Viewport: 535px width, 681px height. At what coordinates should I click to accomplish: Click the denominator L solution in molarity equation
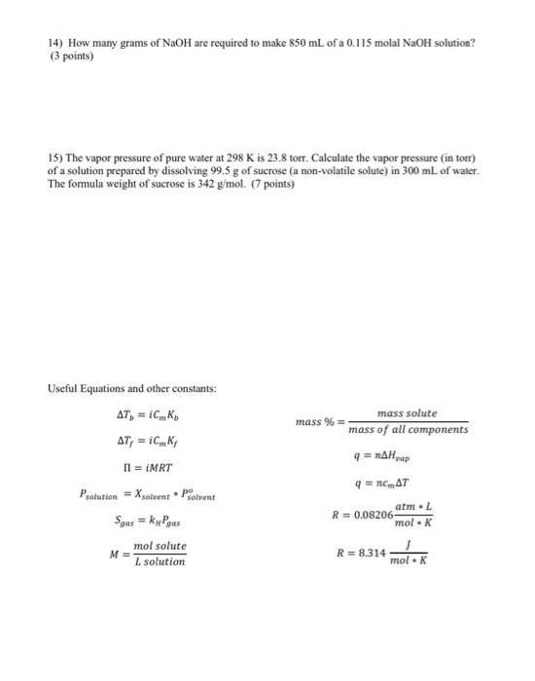(160, 561)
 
